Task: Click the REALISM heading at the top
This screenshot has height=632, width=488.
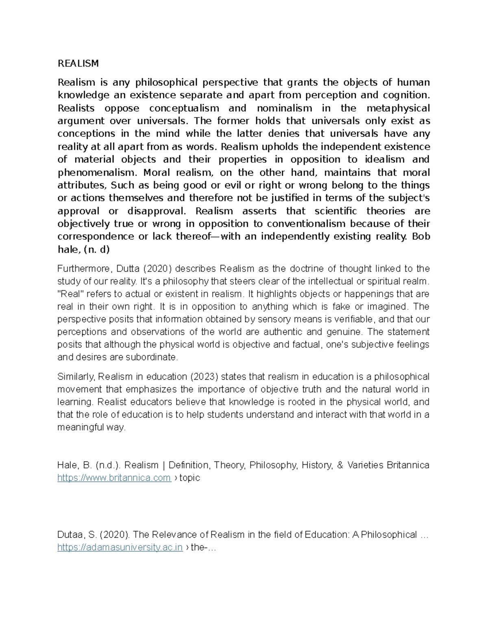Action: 78,63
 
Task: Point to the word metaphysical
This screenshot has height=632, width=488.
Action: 398,108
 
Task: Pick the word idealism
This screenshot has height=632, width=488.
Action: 381,160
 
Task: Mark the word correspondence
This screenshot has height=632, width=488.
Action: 96,237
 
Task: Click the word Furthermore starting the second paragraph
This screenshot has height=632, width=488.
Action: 84,269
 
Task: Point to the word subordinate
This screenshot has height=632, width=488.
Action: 157,357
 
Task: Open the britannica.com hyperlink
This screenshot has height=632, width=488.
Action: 114,478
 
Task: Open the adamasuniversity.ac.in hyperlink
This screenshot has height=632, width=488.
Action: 120,547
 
